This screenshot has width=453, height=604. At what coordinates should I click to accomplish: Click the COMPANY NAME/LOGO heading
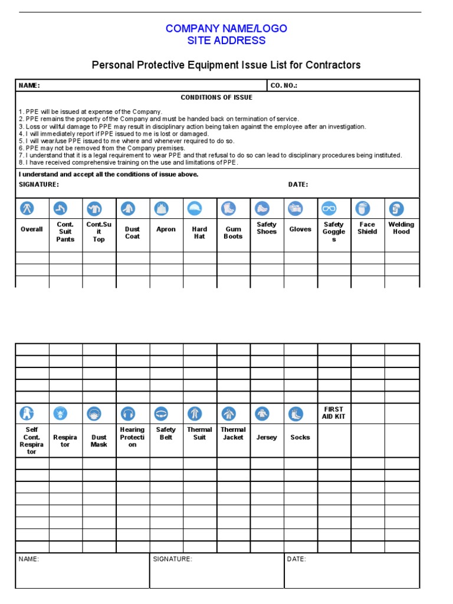226,28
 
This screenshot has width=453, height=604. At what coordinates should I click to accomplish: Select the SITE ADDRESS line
226,41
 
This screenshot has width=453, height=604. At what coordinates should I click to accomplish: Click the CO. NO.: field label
284,86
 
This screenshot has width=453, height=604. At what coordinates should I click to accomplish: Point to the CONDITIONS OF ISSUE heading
216,97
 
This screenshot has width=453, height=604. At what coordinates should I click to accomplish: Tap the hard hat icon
195,208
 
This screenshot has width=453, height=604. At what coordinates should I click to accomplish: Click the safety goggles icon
329,208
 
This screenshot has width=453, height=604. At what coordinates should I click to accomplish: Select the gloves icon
296,208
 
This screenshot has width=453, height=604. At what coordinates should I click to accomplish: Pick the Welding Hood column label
401,228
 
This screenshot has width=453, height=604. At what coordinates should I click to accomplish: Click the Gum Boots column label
233,232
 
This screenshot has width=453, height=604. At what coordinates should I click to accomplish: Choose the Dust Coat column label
132,232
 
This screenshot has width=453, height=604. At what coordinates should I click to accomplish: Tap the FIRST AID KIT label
334,413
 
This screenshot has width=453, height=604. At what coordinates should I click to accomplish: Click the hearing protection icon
128,413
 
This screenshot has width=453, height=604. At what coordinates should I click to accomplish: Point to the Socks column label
300,438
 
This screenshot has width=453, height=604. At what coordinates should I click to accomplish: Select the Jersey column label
267,438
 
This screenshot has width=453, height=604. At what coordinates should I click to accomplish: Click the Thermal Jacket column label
233,434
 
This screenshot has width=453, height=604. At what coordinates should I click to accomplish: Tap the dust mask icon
94,413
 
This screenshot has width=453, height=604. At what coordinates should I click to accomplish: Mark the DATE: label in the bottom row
297,559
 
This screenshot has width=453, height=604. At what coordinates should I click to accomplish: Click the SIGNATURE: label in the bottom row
172,559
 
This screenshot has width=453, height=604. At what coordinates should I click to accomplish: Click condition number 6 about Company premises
101,148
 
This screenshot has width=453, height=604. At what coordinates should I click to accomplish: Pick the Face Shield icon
362,208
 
